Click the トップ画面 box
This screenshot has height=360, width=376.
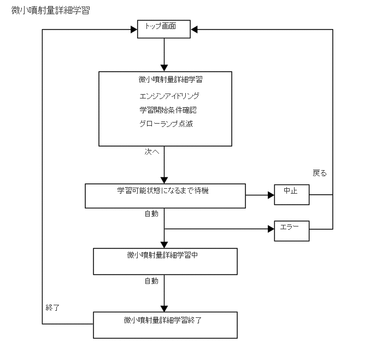[163, 30]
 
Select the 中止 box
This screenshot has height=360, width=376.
[291, 194]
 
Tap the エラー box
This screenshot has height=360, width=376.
[291, 230]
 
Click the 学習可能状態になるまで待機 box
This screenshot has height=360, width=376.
[165, 196]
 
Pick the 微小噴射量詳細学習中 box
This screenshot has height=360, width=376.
[165, 261]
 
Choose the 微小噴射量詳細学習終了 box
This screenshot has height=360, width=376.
[165, 324]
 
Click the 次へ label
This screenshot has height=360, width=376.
[152, 152]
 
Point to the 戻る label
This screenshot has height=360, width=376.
[320, 173]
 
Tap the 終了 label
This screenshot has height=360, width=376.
[52, 307]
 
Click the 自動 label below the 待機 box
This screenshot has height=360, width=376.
[151, 214]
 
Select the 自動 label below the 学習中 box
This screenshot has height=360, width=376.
[151, 281]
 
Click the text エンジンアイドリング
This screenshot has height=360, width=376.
[166, 96]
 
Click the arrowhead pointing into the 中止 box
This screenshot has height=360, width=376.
[270, 195]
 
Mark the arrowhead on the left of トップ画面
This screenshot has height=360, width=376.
[133, 30]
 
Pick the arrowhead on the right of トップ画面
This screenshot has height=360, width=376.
[195, 30]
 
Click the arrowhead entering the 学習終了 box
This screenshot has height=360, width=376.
[164, 308]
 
